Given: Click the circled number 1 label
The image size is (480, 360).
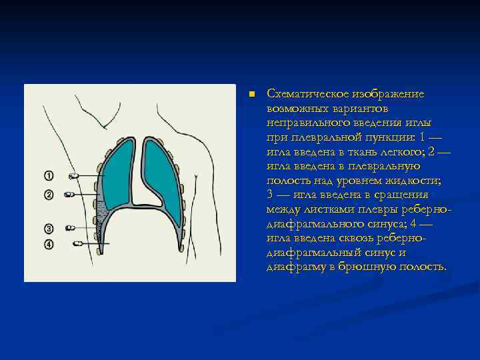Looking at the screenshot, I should coord(49,176).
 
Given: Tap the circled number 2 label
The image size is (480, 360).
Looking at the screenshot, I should coord(49,195).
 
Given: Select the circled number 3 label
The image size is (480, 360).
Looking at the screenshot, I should coord(49,228).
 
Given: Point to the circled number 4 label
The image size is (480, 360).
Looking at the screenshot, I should coord(49,244).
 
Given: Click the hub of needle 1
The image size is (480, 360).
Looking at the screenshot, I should coord(73,176).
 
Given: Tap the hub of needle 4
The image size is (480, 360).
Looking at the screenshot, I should coord(77,244).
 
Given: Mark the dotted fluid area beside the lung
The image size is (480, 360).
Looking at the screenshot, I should coord(102,213).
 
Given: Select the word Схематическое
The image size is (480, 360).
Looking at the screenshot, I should coord(303,94).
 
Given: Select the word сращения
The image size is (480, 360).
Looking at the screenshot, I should coord(403,195).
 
